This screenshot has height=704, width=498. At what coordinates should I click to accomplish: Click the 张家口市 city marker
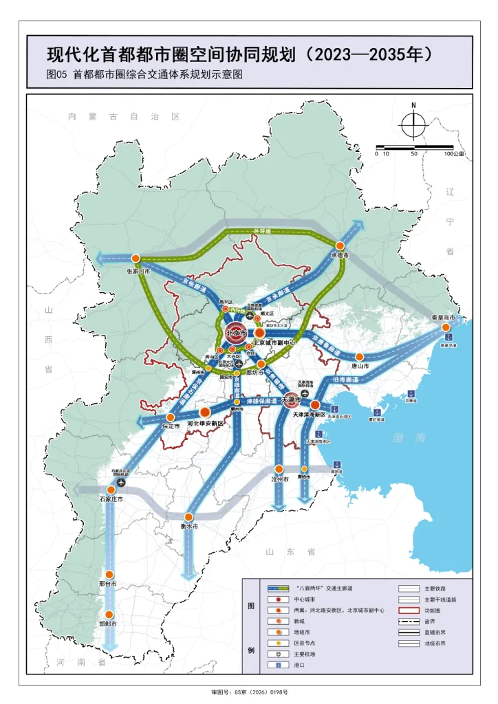click(x=136, y=258)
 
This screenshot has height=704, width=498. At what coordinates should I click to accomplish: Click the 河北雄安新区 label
click(x=206, y=424)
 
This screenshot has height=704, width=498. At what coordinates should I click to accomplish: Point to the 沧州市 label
click(x=279, y=479)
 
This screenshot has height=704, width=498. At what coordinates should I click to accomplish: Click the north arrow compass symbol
click(x=413, y=124)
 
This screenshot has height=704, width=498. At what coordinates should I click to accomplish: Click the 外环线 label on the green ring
click(x=265, y=232)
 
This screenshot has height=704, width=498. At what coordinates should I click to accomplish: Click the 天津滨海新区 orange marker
click(x=314, y=406)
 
